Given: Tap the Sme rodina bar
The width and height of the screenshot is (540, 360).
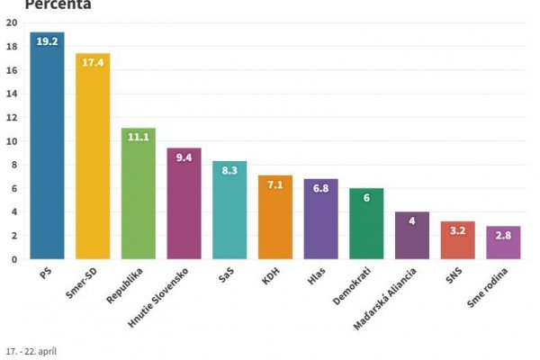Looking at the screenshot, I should click(503, 243).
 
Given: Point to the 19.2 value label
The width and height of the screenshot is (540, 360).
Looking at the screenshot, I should click(47, 41).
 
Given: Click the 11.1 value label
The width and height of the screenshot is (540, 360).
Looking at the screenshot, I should click(139, 137).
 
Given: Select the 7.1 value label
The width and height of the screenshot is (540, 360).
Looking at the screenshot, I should click(275, 184).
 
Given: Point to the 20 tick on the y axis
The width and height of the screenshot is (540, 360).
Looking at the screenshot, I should click(13, 23).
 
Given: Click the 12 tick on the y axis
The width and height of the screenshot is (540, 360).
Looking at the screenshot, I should click(13, 118).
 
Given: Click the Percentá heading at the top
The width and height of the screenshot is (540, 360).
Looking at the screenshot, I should click(58, 4).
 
